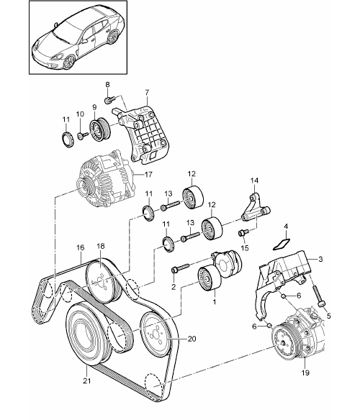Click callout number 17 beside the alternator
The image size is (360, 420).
coord(148,175)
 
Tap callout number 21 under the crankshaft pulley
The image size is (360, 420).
coord(87,380)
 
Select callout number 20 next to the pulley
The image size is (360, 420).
coord(192,339)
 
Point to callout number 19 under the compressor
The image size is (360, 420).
coord(305,373)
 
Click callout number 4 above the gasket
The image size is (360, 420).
coord(286,227)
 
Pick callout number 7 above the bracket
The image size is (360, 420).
coord(147,92)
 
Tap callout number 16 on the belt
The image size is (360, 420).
coord(81,247)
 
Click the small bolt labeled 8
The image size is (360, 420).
coord(109,100)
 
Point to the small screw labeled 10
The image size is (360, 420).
coord(82,135)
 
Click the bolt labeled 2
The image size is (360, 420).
coord(181,268)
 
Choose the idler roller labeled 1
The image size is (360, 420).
coord(210,278)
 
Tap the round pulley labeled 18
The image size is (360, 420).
coord(101,280)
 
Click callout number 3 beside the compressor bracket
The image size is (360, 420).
coord(320,260)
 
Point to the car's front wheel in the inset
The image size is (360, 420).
coord(69,62)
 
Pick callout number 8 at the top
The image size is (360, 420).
coord(107,85)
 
